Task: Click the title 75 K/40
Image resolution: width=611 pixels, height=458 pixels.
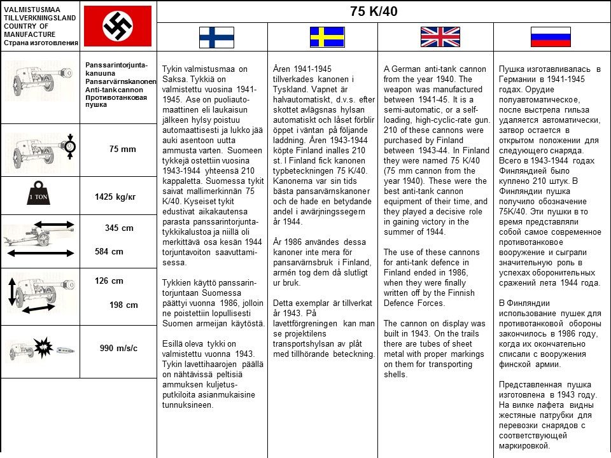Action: (x=374, y=11)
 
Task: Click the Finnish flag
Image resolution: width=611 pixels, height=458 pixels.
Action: (x=216, y=37)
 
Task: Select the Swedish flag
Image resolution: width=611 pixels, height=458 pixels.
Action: (x=327, y=37)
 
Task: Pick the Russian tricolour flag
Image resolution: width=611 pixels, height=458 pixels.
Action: (x=551, y=37)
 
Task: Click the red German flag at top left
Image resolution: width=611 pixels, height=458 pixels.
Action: (x=118, y=25)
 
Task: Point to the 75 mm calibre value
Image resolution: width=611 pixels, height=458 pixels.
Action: (x=123, y=149)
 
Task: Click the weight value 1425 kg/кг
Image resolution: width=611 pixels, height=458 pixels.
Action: (x=115, y=197)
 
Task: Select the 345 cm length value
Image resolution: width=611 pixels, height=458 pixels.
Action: (x=119, y=228)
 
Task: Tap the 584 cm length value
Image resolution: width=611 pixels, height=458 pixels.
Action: (x=109, y=251)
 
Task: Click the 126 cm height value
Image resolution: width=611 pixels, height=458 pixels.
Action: (x=109, y=281)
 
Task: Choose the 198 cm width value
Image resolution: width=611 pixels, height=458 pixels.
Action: (x=123, y=305)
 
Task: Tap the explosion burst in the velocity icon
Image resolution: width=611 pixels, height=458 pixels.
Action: (x=43, y=347)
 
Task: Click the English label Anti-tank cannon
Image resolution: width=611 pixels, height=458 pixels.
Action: (x=114, y=90)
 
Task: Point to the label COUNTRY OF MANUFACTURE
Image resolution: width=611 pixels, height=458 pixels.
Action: (x=29, y=30)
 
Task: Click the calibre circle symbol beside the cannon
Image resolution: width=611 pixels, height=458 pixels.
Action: (x=69, y=147)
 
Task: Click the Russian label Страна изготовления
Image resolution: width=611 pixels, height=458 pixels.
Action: (x=41, y=43)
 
